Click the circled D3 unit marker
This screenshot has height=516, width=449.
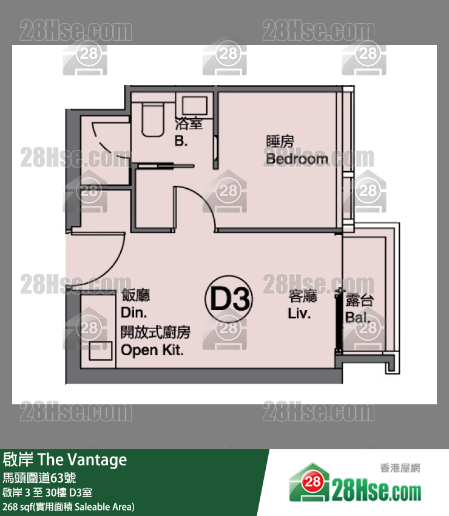(229, 299)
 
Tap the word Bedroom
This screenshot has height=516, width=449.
(297, 159)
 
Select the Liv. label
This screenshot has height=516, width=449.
(299, 313)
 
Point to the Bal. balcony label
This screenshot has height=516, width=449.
(358, 317)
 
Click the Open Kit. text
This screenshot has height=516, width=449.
(152, 350)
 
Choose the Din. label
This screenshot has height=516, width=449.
(133, 313)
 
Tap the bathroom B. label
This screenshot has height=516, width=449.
(181, 141)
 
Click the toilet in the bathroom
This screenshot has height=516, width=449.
(153, 119)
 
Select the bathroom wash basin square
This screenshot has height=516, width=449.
(195, 106)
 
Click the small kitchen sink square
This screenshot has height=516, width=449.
(101, 351)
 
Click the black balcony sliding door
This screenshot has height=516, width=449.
(339, 320)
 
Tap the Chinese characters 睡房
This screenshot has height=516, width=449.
(280, 141)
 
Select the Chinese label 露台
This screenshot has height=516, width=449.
(360, 300)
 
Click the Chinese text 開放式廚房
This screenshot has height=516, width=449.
(155, 333)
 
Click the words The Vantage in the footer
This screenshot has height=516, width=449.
(83, 460)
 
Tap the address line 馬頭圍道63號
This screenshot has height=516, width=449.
(39, 478)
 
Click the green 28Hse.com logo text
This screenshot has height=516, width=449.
(376, 492)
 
